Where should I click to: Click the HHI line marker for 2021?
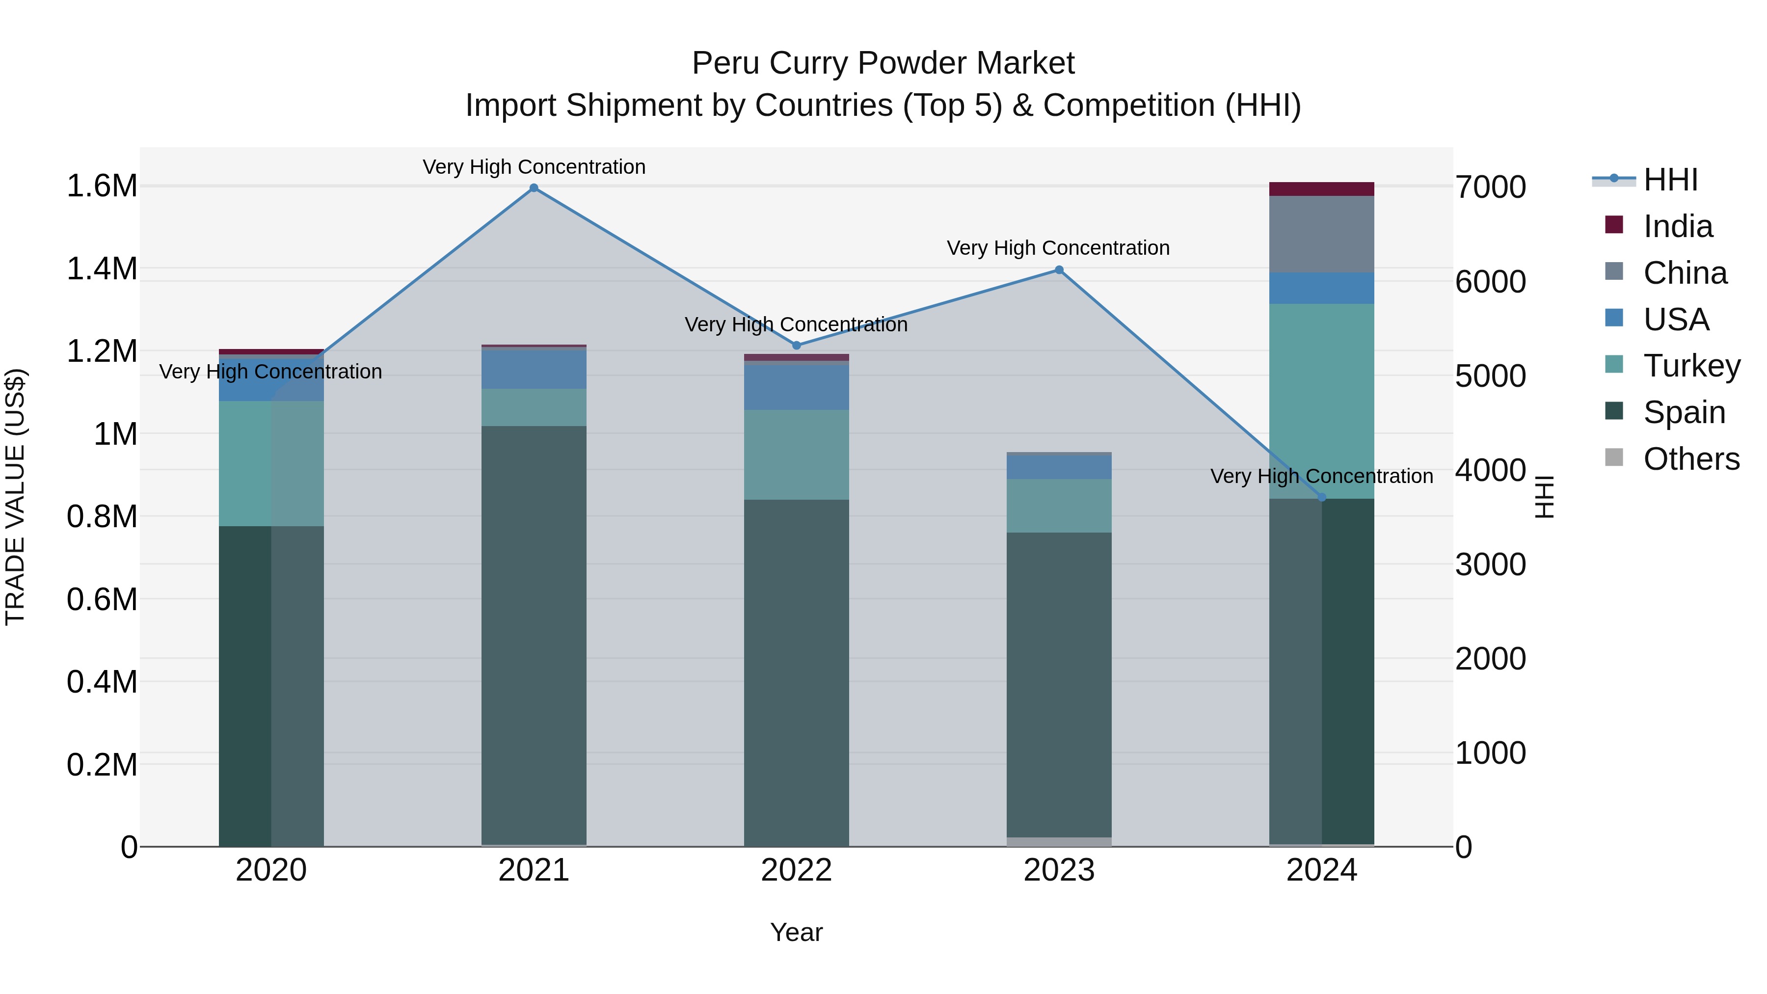pos(534,188)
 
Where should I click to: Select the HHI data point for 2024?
pos(1322,497)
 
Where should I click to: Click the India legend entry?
pos(1677,226)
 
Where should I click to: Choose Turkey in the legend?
pos(1691,366)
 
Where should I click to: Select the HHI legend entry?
pos(1670,180)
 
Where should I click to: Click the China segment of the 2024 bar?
pos(1322,235)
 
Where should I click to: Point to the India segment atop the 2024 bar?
pos(1322,189)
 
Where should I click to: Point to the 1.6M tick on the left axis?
pos(102,187)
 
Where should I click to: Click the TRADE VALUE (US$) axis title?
pos(15,497)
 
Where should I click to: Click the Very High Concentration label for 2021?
pos(534,167)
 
